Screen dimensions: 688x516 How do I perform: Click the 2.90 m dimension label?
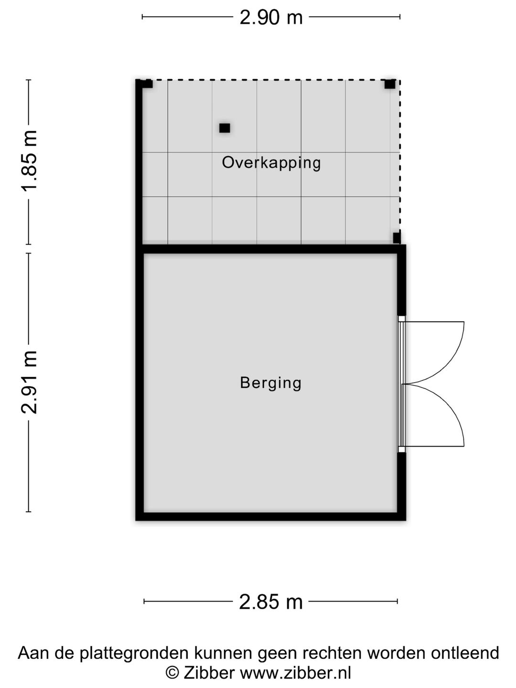click(271, 18)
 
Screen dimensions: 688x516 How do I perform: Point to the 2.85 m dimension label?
click(271, 602)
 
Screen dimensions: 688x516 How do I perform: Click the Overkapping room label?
click(271, 163)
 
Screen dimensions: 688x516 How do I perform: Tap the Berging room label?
click(271, 383)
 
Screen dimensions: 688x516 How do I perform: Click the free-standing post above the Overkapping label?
click(225, 128)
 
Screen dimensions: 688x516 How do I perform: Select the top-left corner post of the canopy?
click(147, 85)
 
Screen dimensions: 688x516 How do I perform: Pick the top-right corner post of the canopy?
click(390, 85)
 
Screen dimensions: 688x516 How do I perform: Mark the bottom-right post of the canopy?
click(396, 237)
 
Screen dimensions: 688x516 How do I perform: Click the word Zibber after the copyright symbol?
click(209, 673)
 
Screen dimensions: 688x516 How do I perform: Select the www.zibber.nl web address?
click(295, 673)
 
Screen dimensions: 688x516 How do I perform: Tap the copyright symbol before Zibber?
click(172, 673)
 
